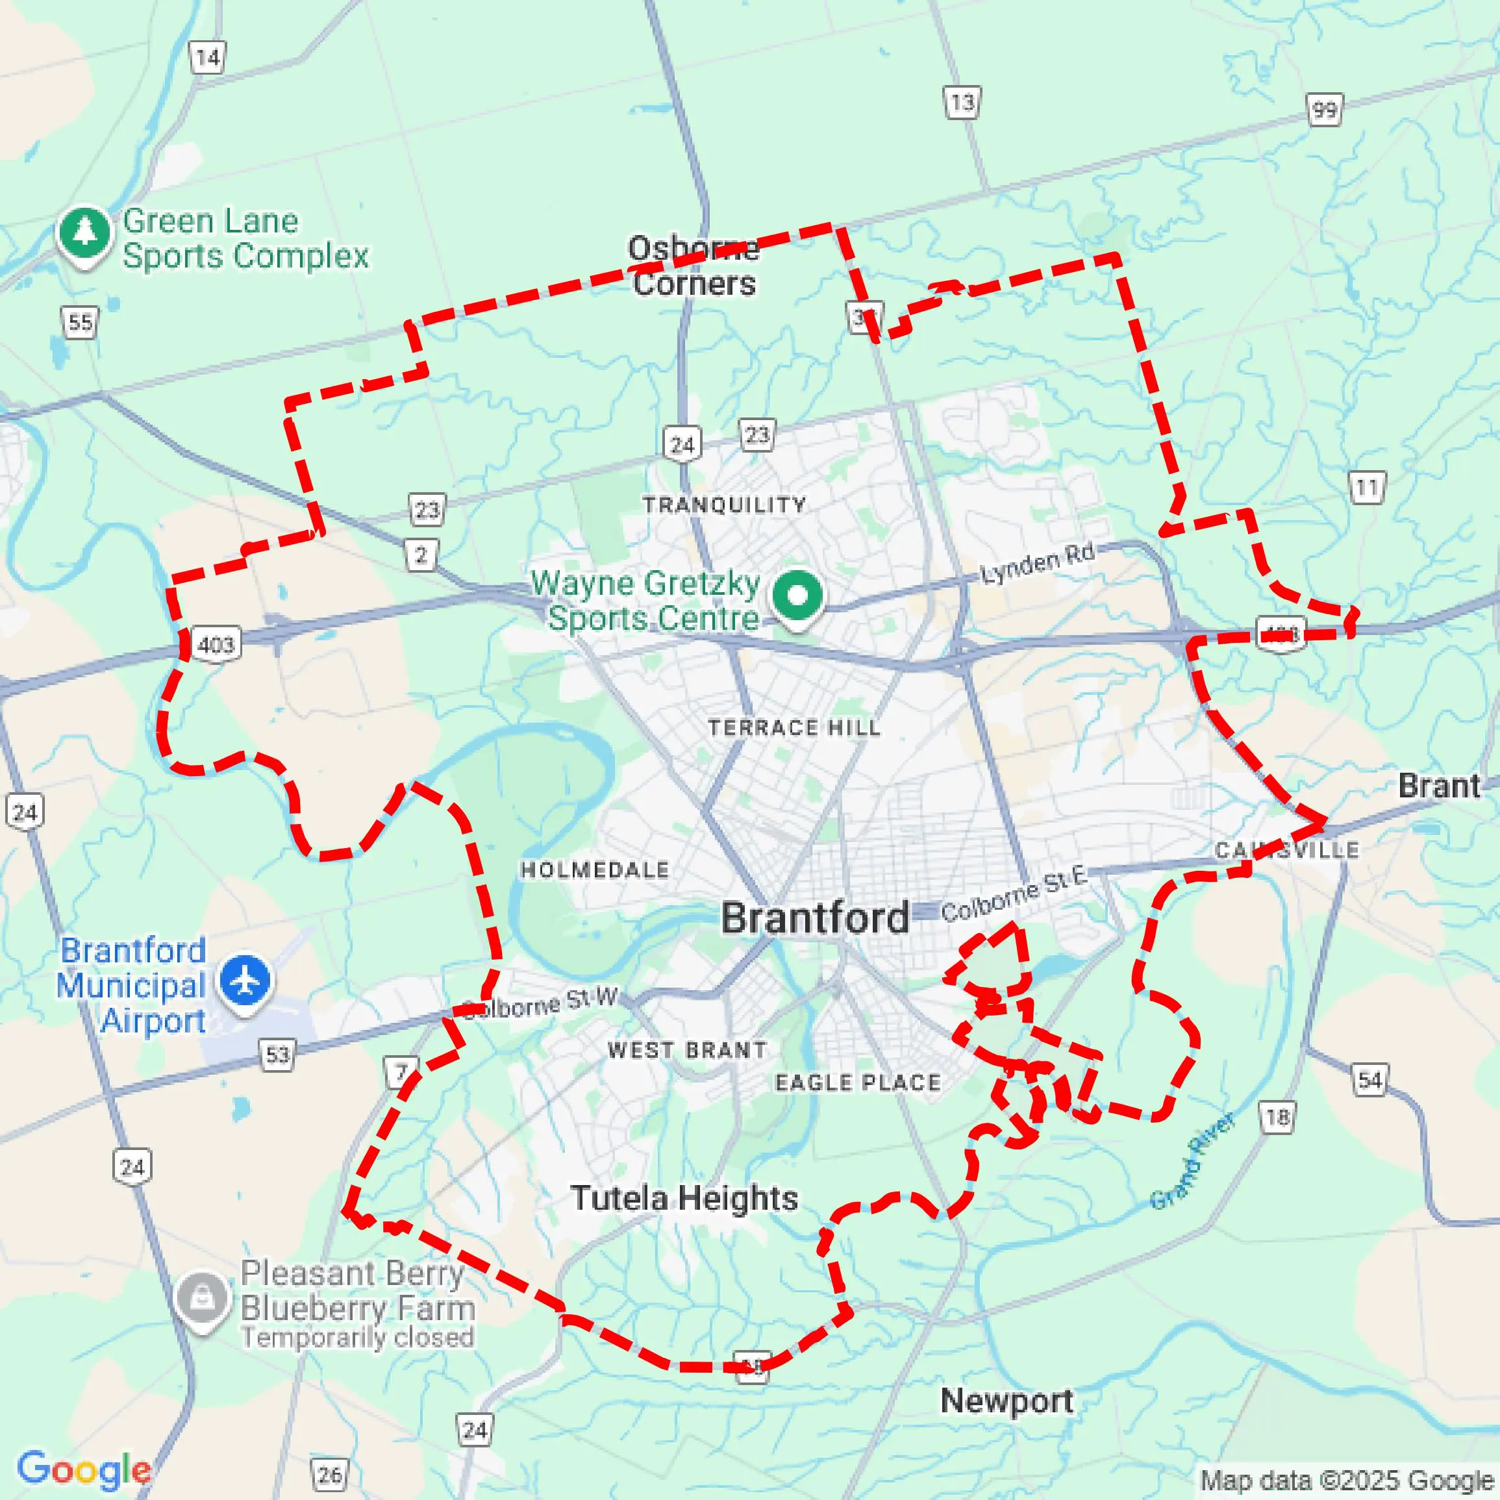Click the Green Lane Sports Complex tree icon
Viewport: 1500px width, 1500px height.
tap(84, 231)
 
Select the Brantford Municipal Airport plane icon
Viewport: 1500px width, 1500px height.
tap(245, 981)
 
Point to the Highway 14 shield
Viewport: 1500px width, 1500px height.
tap(207, 57)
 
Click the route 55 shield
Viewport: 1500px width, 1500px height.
tap(80, 322)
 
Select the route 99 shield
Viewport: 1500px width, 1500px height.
tap(1324, 110)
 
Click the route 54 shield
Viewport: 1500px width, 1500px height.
tap(1369, 1080)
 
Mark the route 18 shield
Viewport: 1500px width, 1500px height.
tap(1277, 1118)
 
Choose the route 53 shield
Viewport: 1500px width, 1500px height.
tap(277, 1055)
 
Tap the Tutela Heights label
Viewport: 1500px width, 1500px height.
tap(684, 1198)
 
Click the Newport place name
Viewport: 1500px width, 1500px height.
tap(1007, 1401)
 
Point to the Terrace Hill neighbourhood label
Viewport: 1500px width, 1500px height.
tap(794, 727)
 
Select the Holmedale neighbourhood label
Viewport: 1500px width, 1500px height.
tap(595, 869)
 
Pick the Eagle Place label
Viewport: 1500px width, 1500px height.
tap(858, 1082)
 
